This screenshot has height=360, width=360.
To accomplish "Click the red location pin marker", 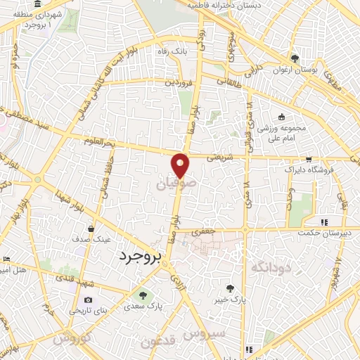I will click(181, 165).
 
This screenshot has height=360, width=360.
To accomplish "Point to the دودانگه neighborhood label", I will click(261, 266).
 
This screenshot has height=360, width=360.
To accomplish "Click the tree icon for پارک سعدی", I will click(143, 295).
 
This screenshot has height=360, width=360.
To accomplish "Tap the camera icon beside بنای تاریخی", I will click(88, 300).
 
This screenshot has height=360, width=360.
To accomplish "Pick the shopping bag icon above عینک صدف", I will click(91, 229).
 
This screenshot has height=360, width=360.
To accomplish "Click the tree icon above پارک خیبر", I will click(230, 288).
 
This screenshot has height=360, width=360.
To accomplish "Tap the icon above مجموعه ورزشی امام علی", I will click(282, 117).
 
